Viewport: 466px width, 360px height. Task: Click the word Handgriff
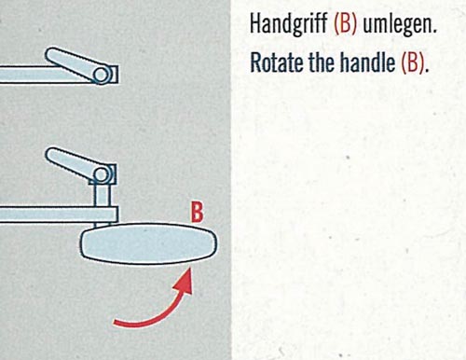(289, 24)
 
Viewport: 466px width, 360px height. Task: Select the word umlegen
(400, 25)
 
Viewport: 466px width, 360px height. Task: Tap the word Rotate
(277, 62)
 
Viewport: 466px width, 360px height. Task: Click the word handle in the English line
(367, 62)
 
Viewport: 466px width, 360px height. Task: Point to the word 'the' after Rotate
(322, 62)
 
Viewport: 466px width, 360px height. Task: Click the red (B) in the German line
(345, 24)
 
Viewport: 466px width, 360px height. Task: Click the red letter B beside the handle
(198, 212)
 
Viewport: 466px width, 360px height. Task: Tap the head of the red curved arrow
(186, 281)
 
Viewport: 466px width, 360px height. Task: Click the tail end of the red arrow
(115, 323)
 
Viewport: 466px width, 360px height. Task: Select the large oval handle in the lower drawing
(149, 243)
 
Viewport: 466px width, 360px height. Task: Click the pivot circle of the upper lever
(102, 75)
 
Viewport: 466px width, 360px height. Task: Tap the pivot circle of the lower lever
(102, 175)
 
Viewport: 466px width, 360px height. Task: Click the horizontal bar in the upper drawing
(47, 75)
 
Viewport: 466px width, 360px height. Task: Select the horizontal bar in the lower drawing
(59, 215)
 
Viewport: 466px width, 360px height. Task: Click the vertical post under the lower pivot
(102, 195)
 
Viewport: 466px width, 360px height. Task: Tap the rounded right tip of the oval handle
(216, 243)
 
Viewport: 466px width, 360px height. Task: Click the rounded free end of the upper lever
(52, 55)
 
